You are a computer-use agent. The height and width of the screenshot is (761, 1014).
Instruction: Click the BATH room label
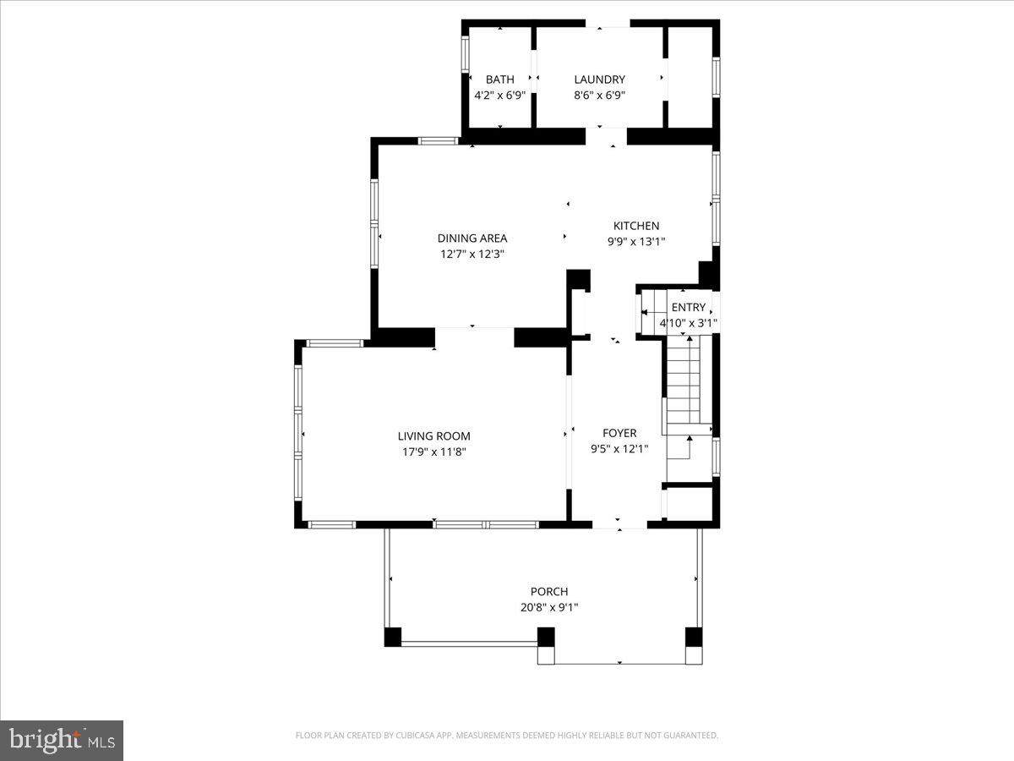tap(499, 79)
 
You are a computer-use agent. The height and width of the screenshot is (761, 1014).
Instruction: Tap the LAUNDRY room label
tap(599, 79)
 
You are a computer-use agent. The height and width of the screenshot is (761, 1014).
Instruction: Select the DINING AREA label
tap(472, 238)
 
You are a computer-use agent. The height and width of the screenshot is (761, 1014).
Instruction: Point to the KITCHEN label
tap(635, 226)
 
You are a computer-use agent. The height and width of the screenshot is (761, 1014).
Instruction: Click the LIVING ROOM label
tap(433, 436)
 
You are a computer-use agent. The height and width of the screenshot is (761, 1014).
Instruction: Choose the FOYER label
tap(619, 433)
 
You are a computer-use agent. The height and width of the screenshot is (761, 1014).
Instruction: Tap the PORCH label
tap(549, 591)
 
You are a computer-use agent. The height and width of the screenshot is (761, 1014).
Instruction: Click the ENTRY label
tap(688, 307)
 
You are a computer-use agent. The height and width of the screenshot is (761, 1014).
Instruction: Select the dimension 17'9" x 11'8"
tap(433, 452)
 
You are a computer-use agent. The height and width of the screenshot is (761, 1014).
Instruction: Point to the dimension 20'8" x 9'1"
tap(549, 607)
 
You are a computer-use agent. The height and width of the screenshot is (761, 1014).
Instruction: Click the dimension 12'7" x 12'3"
tap(472, 254)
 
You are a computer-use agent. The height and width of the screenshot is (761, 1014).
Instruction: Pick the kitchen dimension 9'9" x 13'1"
tap(635, 242)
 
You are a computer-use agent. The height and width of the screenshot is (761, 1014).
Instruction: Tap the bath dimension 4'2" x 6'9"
tap(499, 96)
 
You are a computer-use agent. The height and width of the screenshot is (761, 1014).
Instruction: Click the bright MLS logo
tap(62, 740)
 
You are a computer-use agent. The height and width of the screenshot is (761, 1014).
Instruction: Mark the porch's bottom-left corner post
tap(392, 637)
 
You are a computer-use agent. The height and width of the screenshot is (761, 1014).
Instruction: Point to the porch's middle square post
tap(546, 637)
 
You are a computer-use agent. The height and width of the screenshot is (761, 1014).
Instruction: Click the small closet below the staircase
tap(689, 502)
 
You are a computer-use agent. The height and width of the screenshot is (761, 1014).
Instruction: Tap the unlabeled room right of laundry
tap(690, 78)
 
